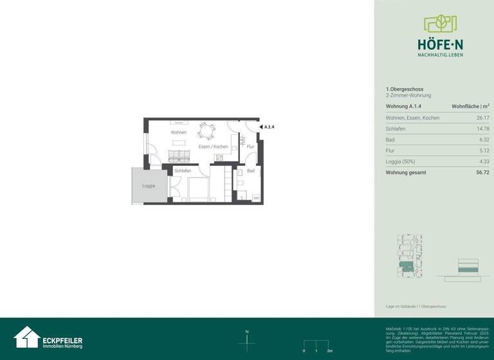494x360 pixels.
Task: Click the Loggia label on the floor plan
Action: coord(149,186)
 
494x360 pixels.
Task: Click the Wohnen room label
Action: coord(178,132)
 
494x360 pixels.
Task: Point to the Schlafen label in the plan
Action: coord(183,171)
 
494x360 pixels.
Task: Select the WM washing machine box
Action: coord(256,198)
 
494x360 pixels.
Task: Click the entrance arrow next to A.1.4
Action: coord(261,127)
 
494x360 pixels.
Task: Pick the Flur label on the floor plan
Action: coord(250,147)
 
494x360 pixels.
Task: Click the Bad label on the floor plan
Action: coord(251,171)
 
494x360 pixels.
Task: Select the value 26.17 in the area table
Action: coord(482,118)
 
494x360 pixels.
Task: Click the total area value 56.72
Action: coord(482,172)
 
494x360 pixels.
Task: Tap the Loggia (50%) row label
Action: coord(401,161)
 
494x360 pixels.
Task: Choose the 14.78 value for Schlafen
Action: coord(482,129)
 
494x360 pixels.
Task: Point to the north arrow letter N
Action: coord(247,332)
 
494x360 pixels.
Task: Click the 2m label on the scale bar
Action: coord(329,351)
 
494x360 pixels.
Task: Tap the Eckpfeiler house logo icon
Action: coord(26,337)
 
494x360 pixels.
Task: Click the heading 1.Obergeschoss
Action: coord(405,89)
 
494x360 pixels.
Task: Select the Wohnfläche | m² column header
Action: coord(470,106)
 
